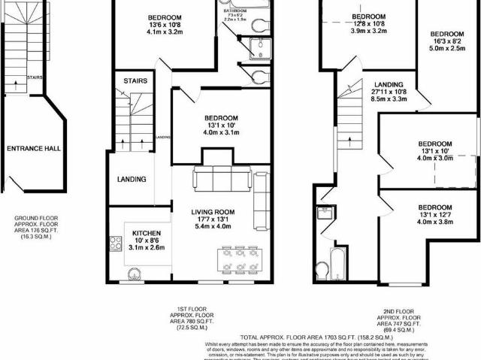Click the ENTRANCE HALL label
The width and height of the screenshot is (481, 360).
click(33, 149)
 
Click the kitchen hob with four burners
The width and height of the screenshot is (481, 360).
click(116, 243)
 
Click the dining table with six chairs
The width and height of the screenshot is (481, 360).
click(240, 260)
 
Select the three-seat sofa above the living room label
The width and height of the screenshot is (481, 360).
click(222, 179)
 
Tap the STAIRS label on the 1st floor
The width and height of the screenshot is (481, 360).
click(135, 80)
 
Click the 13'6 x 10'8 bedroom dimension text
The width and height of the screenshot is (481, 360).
click(163, 25)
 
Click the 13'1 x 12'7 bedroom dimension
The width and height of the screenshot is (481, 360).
click(435, 214)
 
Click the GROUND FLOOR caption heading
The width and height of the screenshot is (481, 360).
click(33, 218)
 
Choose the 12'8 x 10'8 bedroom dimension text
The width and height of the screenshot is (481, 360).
click(368, 24)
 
